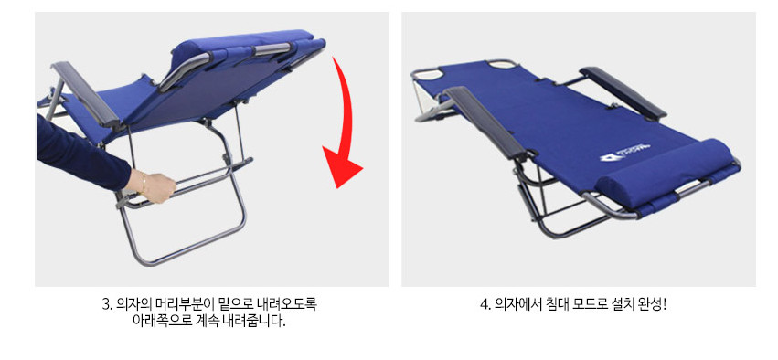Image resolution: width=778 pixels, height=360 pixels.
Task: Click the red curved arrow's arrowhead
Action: (x=342, y=164)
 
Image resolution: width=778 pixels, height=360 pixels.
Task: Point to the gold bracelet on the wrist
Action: (x=144, y=182)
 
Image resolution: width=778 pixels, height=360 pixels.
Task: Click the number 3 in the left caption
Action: (x=106, y=304)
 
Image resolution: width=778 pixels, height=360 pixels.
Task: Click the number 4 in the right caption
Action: (x=485, y=304)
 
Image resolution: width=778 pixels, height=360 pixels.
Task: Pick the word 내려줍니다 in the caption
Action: (x=260, y=321)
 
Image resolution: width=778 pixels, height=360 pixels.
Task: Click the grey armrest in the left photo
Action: (x=85, y=94)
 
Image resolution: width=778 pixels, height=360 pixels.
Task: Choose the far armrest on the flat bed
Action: (x=623, y=92)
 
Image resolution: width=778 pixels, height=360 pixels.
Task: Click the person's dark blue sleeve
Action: (x=80, y=154)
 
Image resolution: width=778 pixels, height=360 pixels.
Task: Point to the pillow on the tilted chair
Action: (x=243, y=45)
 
